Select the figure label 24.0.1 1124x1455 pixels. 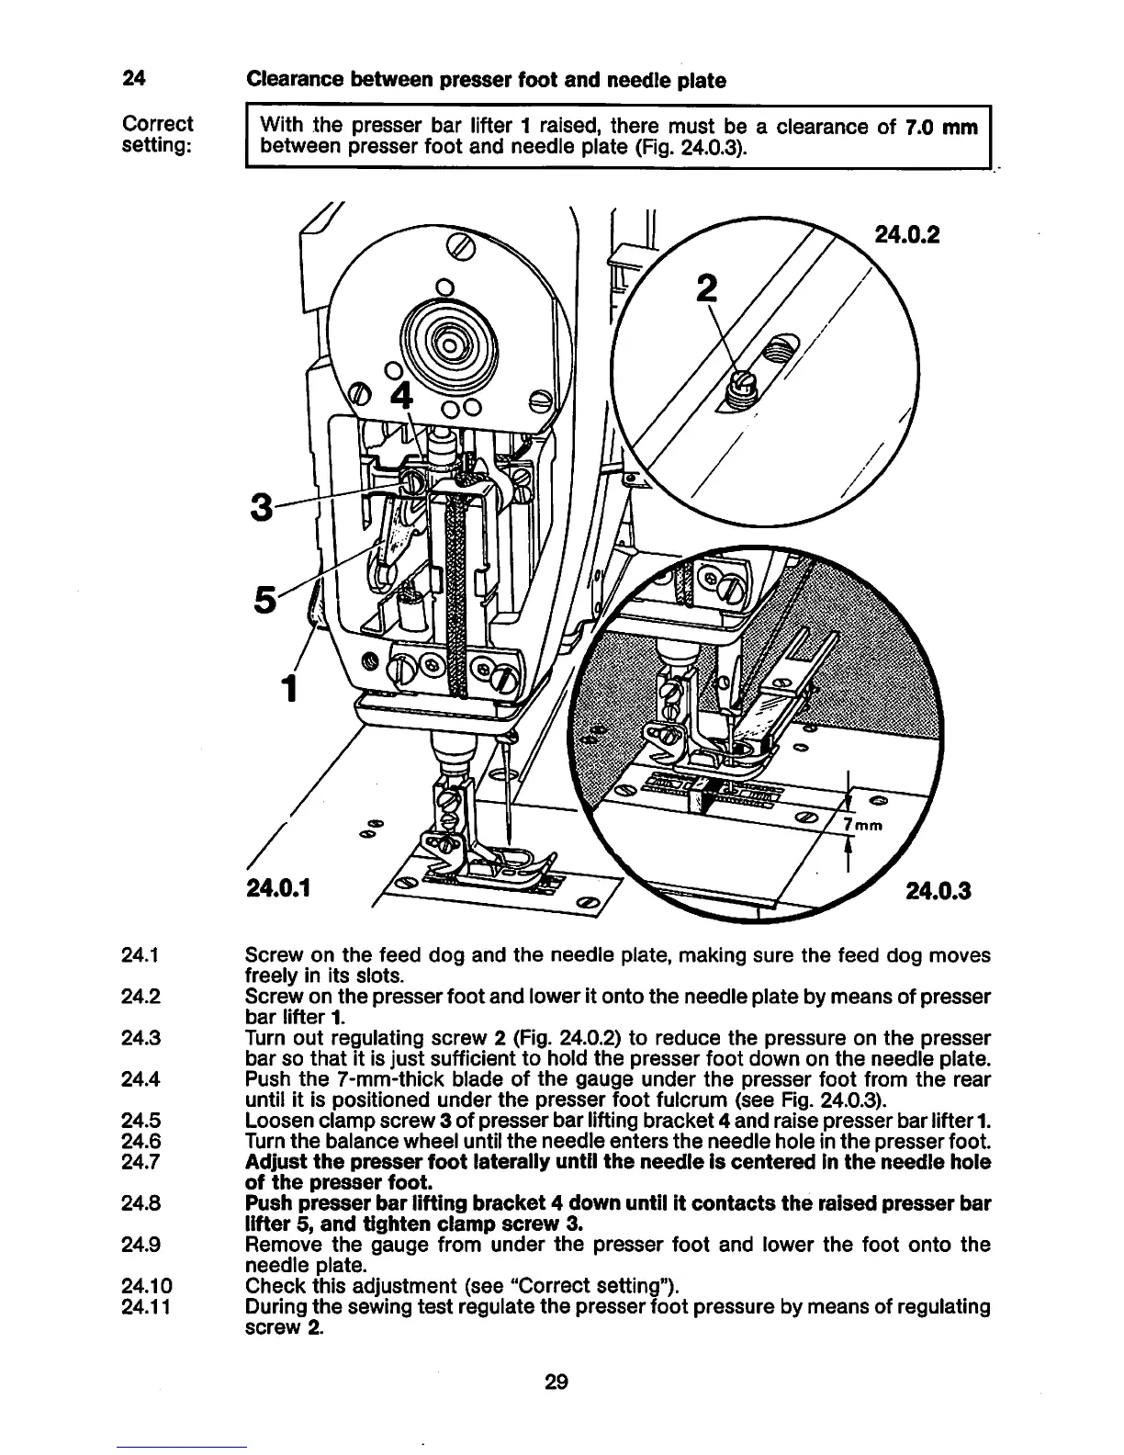(x=278, y=888)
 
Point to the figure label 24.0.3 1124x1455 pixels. (x=939, y=890)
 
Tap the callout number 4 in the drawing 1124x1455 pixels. (x=401, y=397)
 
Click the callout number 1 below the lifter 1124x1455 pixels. (x=289, y=686)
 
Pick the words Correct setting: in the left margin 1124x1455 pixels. (x=157, y=135)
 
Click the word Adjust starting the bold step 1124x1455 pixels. (x=275, y=1162)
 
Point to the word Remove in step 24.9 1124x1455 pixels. (x=280, y=1245)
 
